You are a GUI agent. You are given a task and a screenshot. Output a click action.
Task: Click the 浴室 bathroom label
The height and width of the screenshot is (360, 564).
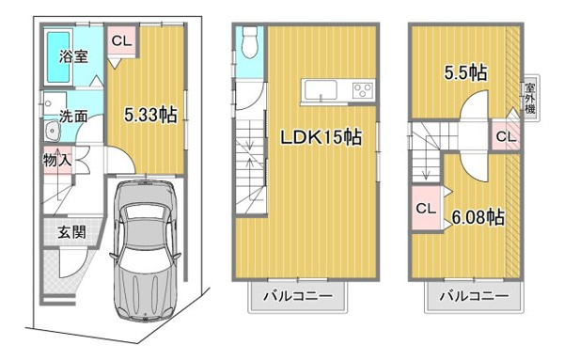pos(73,56)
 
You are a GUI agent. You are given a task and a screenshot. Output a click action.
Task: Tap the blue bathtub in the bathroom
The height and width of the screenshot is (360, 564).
pos(58,56)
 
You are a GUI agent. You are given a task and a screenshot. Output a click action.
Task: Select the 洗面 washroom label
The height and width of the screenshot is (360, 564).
pos(73,116)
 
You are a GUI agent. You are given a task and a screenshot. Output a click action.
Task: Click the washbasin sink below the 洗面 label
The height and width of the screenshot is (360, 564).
pos(53,131)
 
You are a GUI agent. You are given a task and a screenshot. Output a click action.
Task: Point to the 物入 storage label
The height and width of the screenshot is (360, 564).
pos(57,160)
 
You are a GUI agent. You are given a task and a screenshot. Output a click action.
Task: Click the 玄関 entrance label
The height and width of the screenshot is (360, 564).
pos(72,233)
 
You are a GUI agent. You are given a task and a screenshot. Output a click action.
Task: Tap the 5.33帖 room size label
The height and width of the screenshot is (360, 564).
pos(150,115)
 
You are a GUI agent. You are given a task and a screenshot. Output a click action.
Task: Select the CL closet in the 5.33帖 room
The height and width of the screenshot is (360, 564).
pos(122,40)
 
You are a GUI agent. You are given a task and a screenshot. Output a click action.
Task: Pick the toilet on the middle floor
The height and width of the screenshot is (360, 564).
pos(249,42)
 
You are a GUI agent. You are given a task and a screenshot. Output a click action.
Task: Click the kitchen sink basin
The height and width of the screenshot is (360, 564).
pos(321,90)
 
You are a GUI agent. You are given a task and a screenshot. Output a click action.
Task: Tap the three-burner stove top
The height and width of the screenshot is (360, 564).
pos(363,90)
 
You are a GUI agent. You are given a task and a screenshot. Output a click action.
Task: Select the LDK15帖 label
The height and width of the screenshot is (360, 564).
pos(321,136)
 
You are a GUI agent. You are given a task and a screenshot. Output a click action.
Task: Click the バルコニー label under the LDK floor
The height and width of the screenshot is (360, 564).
pos(298,297)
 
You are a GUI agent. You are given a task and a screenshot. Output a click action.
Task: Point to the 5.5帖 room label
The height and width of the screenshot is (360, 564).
pos(465,72)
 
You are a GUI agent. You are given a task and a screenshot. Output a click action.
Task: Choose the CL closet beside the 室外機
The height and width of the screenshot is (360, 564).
pos(506,135)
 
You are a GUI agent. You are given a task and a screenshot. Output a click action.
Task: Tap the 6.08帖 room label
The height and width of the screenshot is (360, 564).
pos(478,217)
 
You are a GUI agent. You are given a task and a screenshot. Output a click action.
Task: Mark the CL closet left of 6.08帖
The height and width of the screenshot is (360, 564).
pos(426,209)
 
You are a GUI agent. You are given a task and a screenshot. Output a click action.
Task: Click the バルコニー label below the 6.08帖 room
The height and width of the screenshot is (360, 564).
pos(475,297)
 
